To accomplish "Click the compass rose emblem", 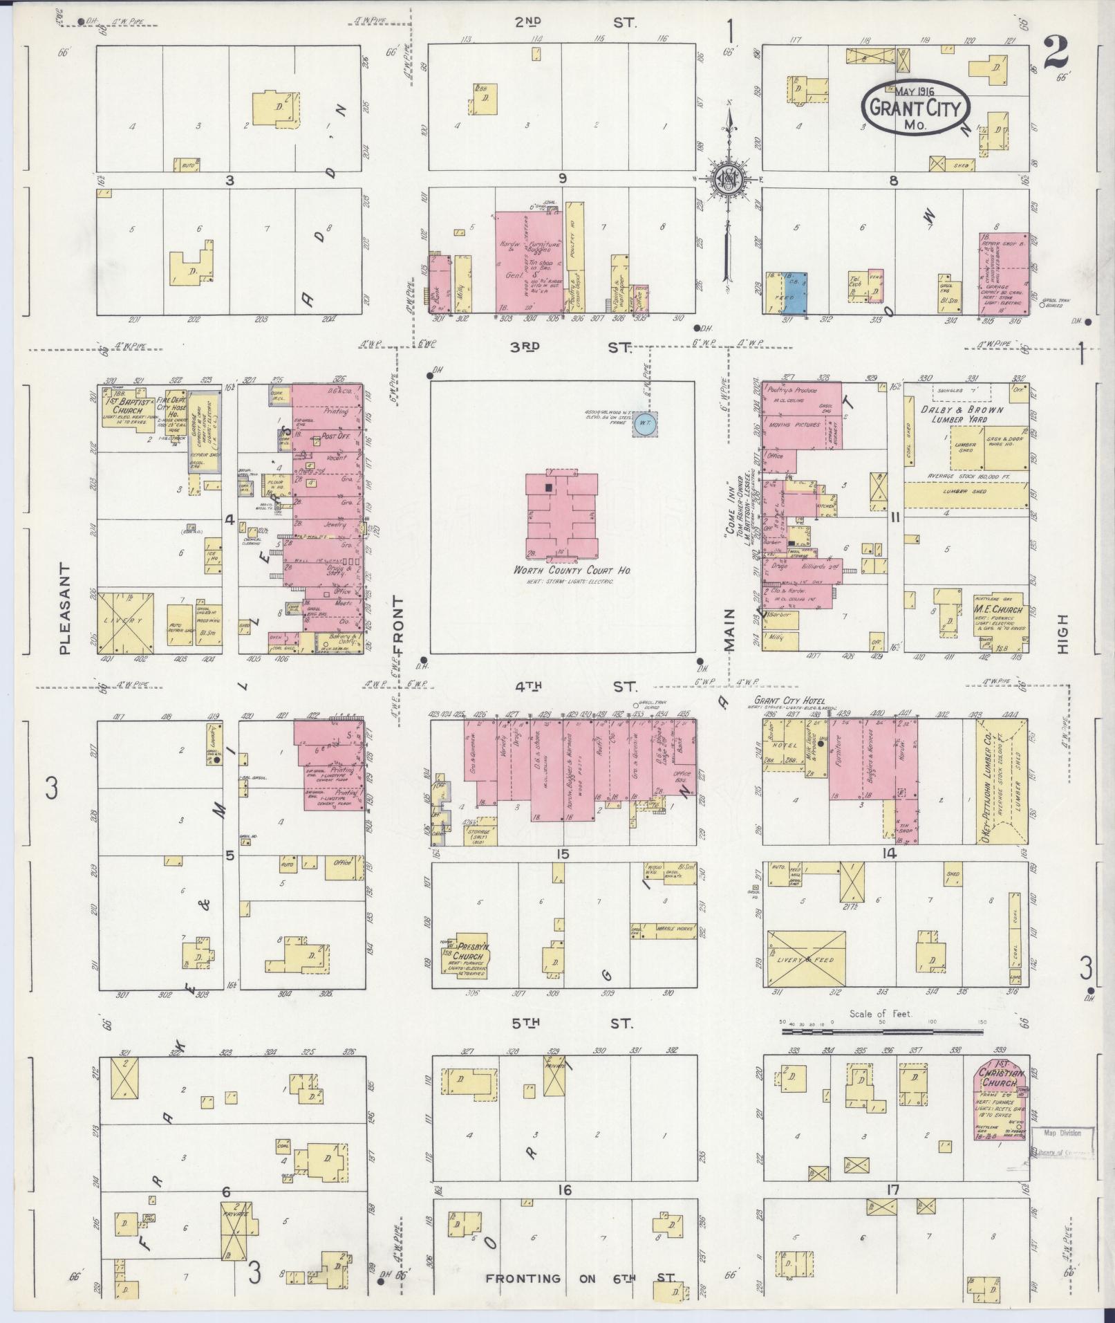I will click(x=728, y=179).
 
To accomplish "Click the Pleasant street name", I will click(x=66, y=608).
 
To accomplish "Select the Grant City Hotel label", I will click(x=789, y=700).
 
